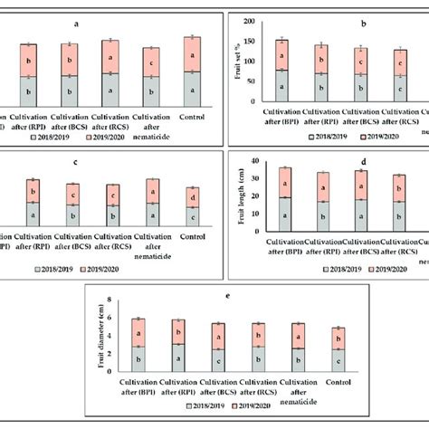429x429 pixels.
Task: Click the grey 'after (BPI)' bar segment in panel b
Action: (281, 87)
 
